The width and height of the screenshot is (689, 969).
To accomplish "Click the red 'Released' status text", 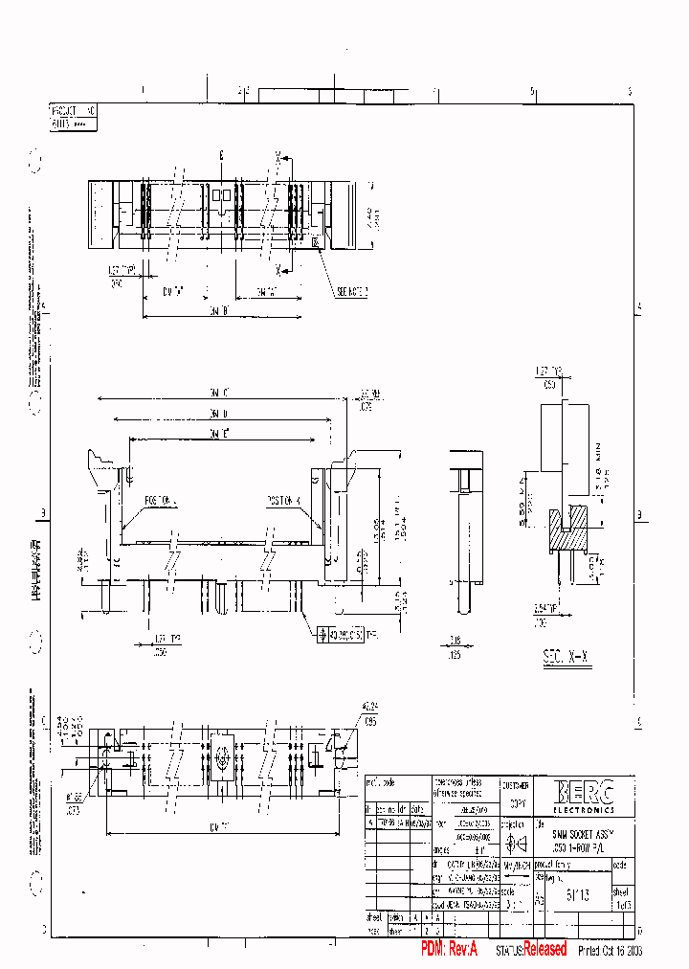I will point(545,949).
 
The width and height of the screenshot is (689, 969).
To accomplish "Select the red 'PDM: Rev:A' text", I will point(455,949).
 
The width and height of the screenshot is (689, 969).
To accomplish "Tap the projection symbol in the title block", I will point(515,845).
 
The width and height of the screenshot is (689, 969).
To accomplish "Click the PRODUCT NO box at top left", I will point(73,116).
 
